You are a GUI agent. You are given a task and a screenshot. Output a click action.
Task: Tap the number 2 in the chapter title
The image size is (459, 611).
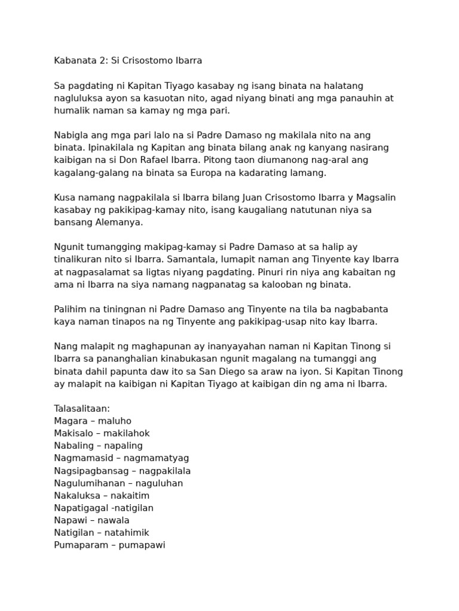pyautogui.click(x=102, y=61)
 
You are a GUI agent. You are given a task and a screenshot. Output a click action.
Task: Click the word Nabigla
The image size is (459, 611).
pyautogui.click(x=72, y=135)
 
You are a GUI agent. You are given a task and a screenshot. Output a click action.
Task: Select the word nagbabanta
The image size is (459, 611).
pyautogui.click(x=359, y=309)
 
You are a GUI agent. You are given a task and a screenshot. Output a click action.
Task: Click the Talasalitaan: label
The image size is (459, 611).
pyautogui.click(x=82, y=409)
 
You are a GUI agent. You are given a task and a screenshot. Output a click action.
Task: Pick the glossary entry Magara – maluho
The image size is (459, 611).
pyautogui.click(x=93, y=421)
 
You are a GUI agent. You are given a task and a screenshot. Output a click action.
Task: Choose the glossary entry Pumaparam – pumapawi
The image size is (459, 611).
pyautogui.click(x=109, y=545)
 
